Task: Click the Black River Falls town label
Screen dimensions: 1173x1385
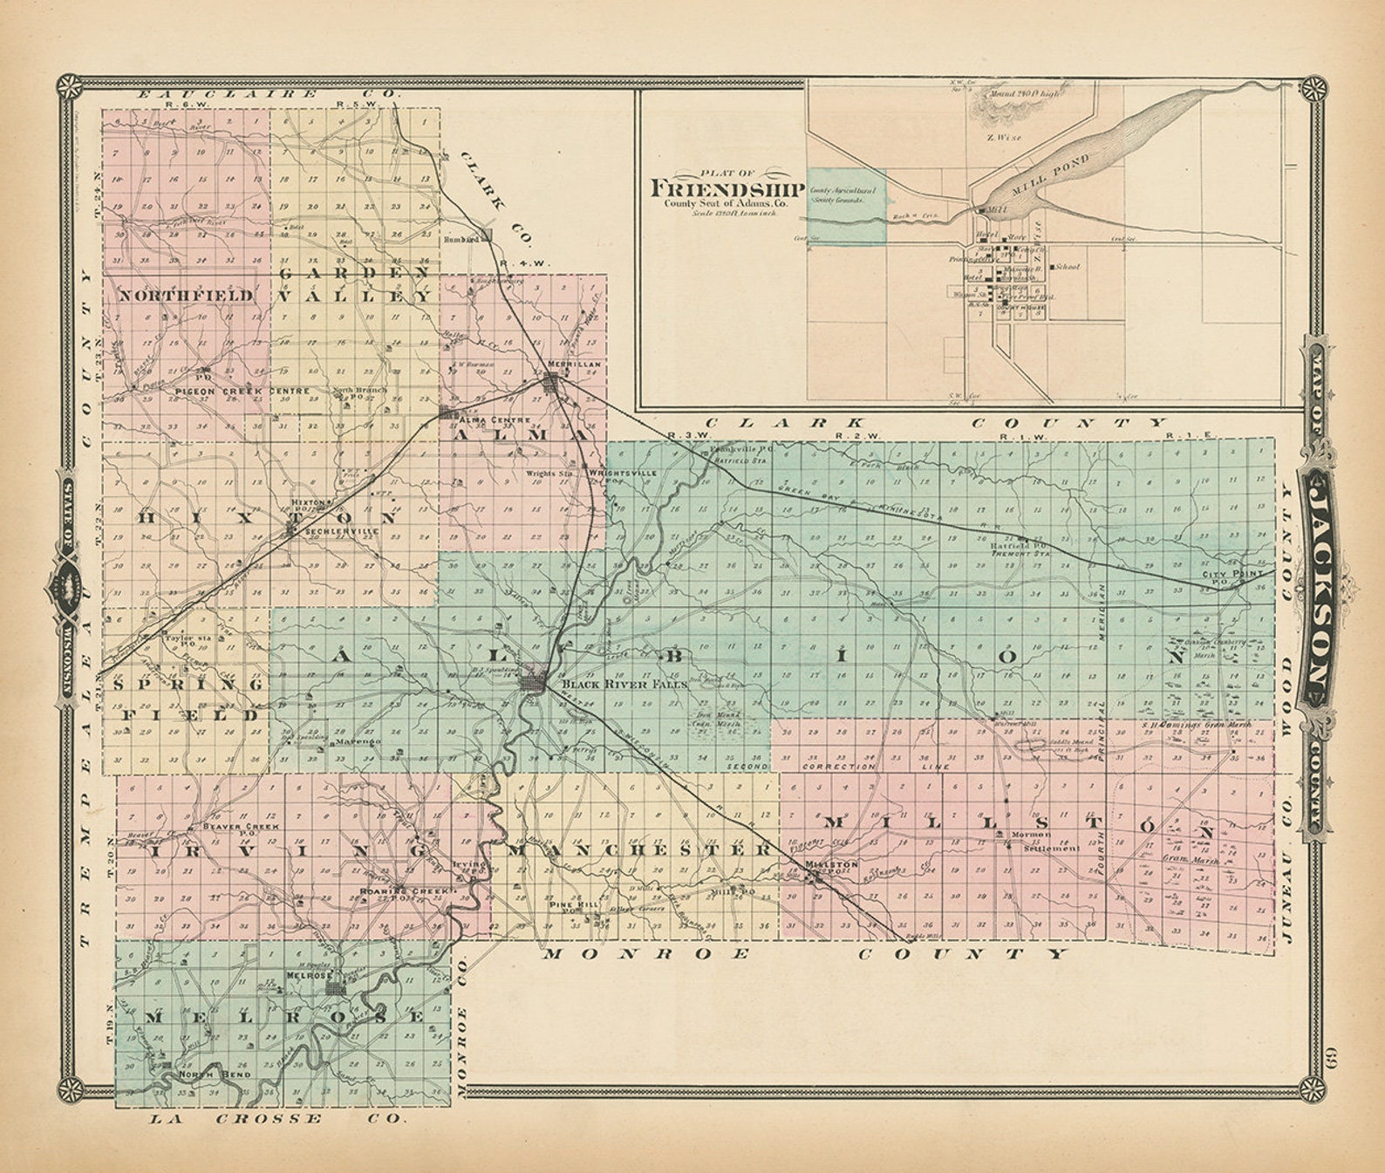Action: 624,685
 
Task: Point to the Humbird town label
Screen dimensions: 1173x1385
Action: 462,238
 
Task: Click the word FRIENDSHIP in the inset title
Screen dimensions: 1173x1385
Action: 727,188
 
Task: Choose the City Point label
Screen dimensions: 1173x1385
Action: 1226,575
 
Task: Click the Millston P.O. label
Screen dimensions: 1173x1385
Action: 824,864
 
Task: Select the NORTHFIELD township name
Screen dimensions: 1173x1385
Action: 186,296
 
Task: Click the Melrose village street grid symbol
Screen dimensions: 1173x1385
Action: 336,989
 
